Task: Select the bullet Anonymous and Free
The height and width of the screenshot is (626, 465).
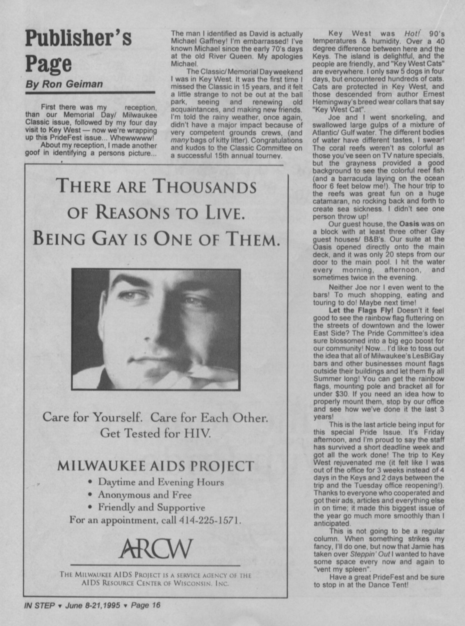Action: point(144,494)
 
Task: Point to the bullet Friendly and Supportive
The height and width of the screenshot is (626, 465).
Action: point(151,507)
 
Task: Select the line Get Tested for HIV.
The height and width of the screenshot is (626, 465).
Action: point(155,433)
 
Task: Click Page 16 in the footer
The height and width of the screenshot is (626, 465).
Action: point(146,605)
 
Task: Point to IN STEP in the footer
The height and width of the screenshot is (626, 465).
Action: point(39,606)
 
